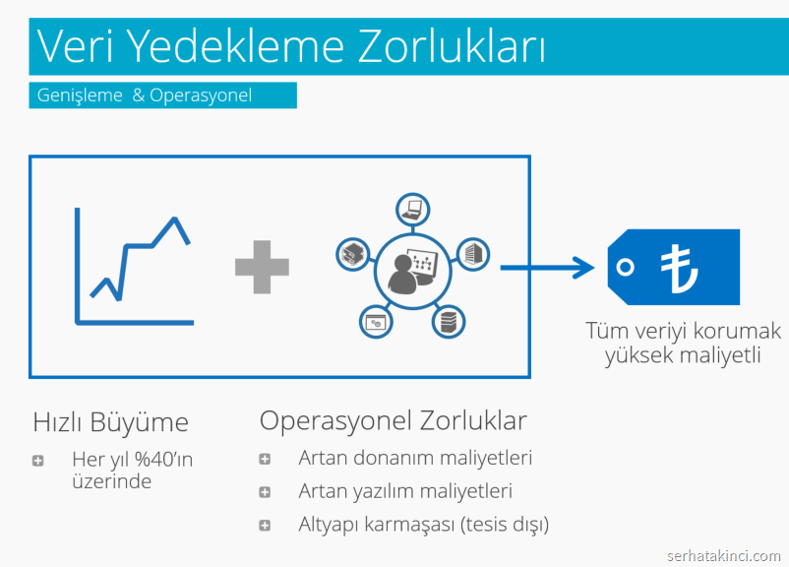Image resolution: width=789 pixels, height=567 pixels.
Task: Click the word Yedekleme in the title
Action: pos(235,46)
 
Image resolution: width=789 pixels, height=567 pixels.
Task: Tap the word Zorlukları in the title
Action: pos(452,45)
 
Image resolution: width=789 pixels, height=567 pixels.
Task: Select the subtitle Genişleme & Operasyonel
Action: pos(145,95)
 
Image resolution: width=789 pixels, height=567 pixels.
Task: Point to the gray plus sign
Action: pos(262,267)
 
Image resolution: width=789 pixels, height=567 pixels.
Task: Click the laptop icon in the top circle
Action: pos(412,210)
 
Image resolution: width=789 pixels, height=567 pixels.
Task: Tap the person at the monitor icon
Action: pos(412,272)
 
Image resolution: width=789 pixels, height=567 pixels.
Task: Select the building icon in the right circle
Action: pos(473,254)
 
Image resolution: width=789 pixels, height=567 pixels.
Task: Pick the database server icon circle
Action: pos(449,322)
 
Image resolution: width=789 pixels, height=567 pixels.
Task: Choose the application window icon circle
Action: pos(376,322)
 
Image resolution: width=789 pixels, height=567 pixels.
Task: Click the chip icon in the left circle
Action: pos(353,254)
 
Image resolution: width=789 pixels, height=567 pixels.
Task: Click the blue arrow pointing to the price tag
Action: pos(547,268)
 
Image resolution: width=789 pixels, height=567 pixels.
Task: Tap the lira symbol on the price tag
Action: pos(679,269)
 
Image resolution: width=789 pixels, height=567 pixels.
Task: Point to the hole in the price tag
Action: pos(625,267)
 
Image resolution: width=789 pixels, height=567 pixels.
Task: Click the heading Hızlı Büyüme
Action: pos(111,422)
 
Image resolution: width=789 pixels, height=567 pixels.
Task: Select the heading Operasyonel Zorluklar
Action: pos(393,420)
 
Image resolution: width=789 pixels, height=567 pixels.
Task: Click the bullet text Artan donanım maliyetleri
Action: pos(415,458)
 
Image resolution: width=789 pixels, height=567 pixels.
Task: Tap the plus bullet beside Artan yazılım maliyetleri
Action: pos(265,492)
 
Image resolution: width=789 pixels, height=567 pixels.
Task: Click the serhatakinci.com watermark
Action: pos(724,556)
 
